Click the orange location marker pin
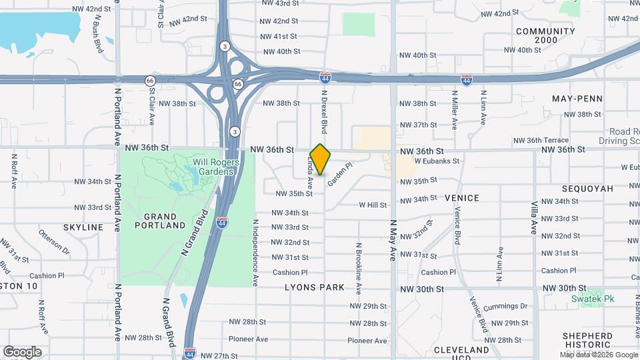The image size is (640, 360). point(321,159)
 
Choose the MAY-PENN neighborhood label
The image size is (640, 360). point(577,99)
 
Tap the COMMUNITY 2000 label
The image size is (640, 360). point(545,35)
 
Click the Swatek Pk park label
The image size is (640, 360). point(596,299)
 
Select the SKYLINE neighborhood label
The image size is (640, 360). point(83,227)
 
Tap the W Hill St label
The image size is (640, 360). point(373,205)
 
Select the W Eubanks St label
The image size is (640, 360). point(437,161)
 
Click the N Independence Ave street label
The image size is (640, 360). point(255,249)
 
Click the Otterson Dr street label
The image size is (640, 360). point(54,241)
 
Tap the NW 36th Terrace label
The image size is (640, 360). point(541,140)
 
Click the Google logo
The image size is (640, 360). point(22,352)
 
